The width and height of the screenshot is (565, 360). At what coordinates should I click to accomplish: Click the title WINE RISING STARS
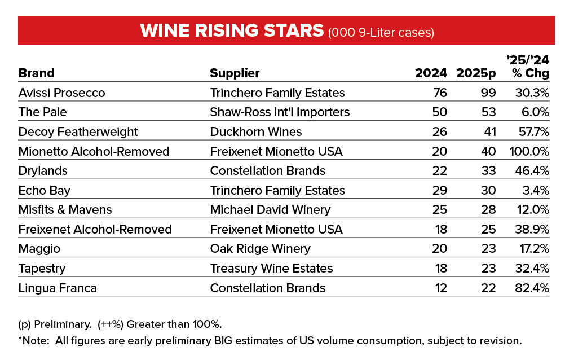tap(232, 30)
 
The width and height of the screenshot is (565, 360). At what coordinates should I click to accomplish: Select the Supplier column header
tap(235, 73)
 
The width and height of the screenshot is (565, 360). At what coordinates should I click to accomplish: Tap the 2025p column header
tap(476, 73)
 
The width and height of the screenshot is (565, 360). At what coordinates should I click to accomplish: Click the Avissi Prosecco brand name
tap(61, 93)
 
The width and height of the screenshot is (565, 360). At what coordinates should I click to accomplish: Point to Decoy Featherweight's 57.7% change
tap(534, 131)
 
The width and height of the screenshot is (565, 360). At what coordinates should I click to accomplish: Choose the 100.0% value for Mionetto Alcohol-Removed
tap(529, 151)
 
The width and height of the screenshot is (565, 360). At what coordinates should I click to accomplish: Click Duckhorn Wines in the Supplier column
tap(256, 131)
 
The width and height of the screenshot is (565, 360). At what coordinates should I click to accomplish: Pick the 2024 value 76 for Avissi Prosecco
tap(440, 93)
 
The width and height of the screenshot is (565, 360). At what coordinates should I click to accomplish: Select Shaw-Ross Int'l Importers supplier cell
tap(280, 112)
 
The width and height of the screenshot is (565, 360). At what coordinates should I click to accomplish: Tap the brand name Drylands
tap(43, 170)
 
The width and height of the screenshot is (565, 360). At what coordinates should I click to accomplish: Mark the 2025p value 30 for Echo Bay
tap(488, 190)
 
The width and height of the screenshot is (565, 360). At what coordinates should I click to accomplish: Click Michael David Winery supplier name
tap(270, 209)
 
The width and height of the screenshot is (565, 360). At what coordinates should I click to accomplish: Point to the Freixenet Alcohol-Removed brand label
tap(95, 229)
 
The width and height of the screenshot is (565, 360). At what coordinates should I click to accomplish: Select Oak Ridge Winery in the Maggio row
tap(260, 248)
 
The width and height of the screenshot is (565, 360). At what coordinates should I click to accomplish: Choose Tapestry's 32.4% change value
tap(532, 268)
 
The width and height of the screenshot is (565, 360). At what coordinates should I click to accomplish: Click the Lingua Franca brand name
tap(58, 288)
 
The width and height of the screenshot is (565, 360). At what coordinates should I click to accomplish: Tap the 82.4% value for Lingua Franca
tap(532, 288)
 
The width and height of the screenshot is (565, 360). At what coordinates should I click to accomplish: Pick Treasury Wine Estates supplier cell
tap(271, 268)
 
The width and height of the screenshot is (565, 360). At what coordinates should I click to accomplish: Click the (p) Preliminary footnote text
tap(55, 324)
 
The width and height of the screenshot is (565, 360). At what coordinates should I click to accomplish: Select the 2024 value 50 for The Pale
tap(440, 112)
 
